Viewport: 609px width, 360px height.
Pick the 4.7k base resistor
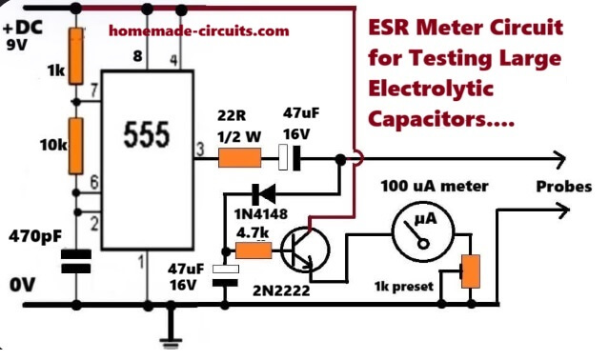(x=253, y=251)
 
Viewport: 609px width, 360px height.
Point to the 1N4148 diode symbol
(x=261, y=193)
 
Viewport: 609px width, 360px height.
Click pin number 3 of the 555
(x=199, y=148)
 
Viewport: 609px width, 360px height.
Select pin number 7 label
(x=92, y=90)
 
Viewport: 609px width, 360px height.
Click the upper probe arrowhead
(x=561, y=158)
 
